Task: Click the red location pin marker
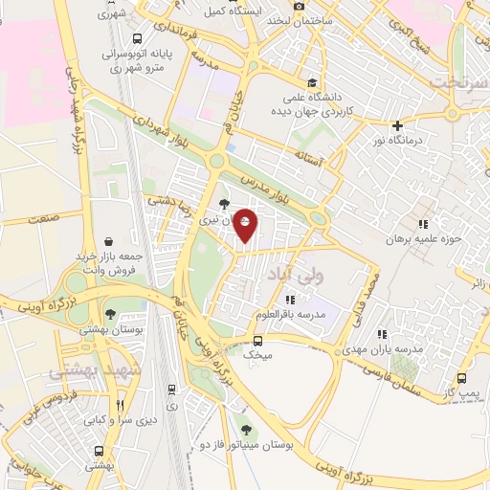pyautogui.click(x=246, y=225)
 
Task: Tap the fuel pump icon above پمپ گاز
pyautogui.click(x=462, y=379)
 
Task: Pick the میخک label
pyautogui.click(x=253, y=355)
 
